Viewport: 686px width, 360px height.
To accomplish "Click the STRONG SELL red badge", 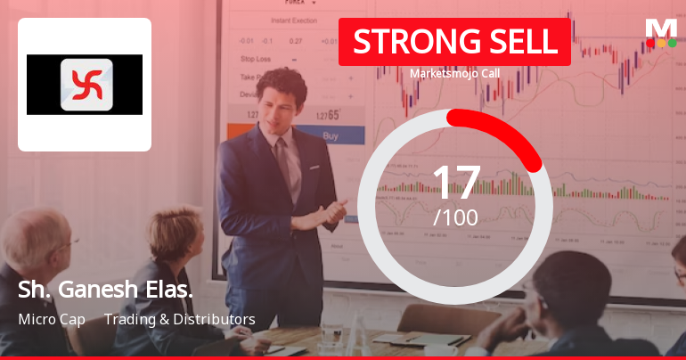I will [x=454, y=41].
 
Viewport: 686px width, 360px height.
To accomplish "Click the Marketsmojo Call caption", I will [x=454, y=74].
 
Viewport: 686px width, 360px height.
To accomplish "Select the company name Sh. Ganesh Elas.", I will [x=105, y=291].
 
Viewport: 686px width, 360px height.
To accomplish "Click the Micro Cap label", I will [x=52, y=319].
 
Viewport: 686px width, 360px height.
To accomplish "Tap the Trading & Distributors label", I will [x=180, y=319].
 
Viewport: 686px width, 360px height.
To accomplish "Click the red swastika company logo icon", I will [x=86, y=85].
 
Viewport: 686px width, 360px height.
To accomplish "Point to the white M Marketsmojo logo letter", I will [x=660, y=28].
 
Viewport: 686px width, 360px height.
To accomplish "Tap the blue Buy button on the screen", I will [x=330, y=136].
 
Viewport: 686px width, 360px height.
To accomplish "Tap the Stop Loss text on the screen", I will [x=256, y=59].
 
